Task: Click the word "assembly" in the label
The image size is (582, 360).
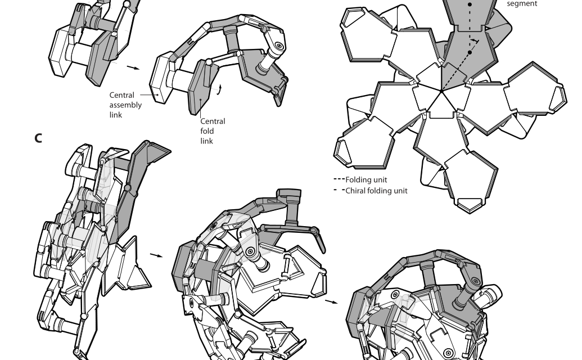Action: coord(125,105)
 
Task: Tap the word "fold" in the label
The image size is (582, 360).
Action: coord(207,131)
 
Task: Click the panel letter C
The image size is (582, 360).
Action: coord(38,138)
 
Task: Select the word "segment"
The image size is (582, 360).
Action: coord(522,4)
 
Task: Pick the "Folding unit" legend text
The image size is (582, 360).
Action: coord(366,179)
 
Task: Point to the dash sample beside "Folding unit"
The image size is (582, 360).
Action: coord(339,179)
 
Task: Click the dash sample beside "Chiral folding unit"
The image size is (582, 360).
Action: coord(339,190)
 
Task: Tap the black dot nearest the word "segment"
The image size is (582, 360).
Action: coord(470,4)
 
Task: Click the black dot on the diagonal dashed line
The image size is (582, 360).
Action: coord(470,53)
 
